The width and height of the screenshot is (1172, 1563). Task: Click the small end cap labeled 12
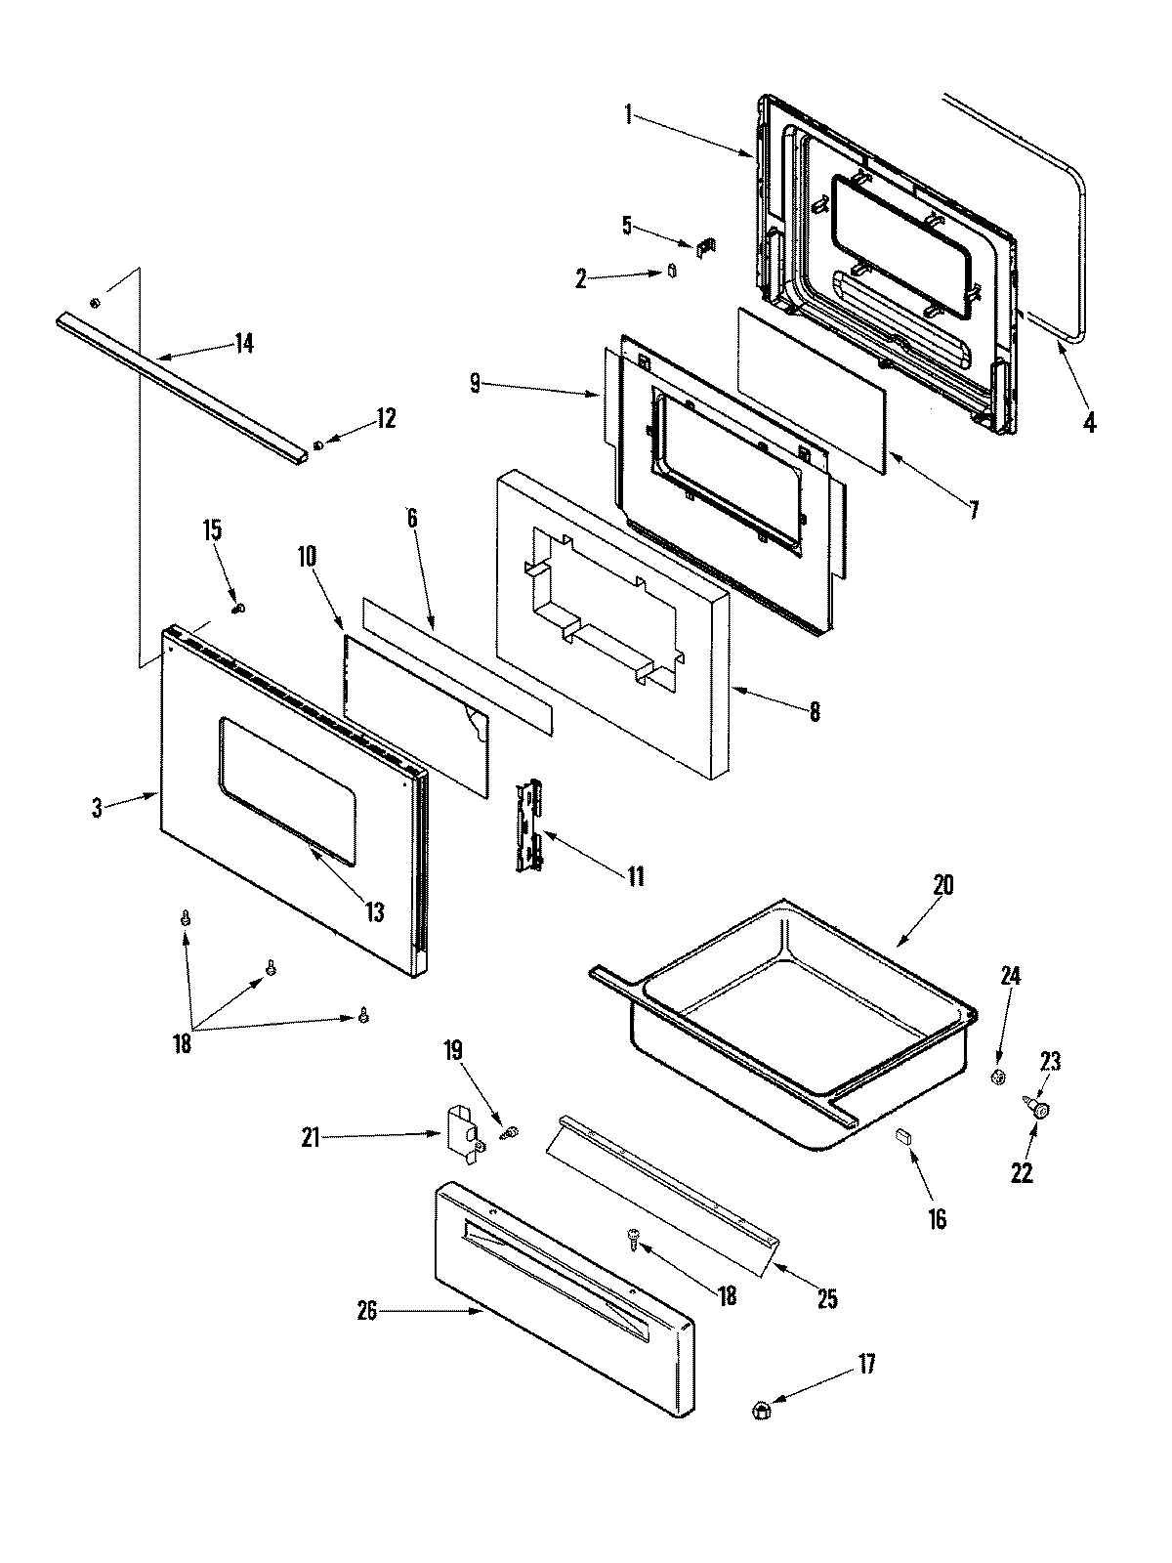pyautogui.click(x=319, y=446)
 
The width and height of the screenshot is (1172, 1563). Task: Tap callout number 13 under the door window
pyautogui.click(x=375, y=912)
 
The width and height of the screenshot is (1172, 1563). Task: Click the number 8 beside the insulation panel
pyautogui.click(x=814, y=712)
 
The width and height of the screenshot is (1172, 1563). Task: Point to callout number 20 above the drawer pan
pyautogui.click(x=942, y=885)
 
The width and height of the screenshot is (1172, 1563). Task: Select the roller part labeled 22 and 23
pyautogui.click(x=1039, y=1108)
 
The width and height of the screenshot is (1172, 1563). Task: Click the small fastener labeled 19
pyautogui.click(x=509, y=1134)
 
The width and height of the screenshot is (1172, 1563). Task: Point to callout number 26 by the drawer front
pyautogui.click(x=374, y=1311)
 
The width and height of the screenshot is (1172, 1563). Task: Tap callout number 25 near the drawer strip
pyautogui.click(x=827, y=1299)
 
